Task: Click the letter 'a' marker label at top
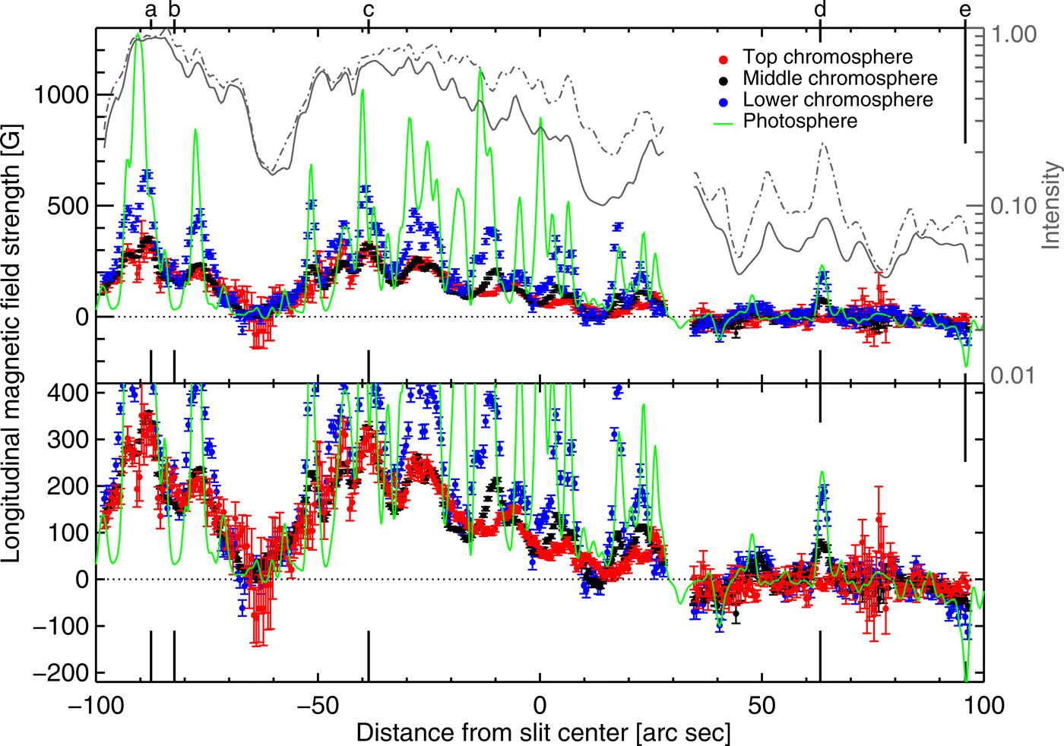150,10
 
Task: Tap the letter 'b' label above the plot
174,10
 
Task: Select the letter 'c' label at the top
369,10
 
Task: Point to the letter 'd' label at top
820,10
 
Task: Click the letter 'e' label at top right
965,10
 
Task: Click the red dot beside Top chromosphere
724,58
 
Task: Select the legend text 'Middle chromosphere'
840,78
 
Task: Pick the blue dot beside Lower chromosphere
724,101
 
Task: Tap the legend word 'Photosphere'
800,121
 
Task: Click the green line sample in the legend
724,122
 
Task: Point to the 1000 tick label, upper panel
62,94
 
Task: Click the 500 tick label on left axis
68,206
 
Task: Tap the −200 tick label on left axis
60,673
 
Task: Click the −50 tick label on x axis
317,706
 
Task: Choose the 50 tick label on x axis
762,706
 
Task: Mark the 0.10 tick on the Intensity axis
1013,206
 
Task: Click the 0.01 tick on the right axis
1013,375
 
